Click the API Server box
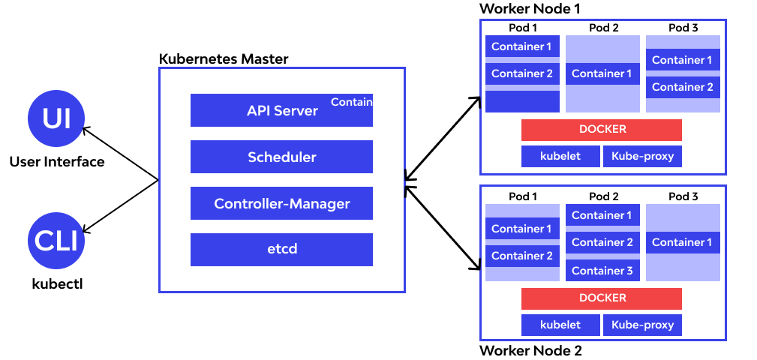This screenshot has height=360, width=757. [x=281, y=110]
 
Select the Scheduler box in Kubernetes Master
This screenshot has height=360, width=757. [x=281, y=157]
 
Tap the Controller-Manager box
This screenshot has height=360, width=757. [x=281, y=203]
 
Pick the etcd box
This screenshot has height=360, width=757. [x=281, y=250]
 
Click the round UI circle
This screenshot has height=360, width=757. [x=56, y=118]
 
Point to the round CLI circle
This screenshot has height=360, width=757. [x=56, y=241]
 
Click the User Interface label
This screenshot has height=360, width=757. [x=57, y=161]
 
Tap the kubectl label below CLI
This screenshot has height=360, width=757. [x=57, y=283]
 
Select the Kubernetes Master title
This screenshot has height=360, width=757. [x=224, y=58]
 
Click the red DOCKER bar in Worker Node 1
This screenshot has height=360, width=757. [x=602, y=130]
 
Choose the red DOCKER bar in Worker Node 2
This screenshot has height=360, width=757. [x=602, y=298]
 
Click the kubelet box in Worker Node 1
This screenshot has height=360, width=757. [x=560, y=156]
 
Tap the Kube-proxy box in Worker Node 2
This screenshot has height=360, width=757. [x=642, y=325]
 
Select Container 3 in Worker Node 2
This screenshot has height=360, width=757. [x=602, y=270]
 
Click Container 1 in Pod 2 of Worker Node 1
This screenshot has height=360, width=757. [x=602, y=73]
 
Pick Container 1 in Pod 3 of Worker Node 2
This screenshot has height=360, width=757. [x=683, y=242]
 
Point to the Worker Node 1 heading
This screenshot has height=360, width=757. [x=530, y=9]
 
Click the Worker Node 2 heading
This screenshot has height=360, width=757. [x=530, y=350]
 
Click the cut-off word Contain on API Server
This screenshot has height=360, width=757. [x=352, y=102]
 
